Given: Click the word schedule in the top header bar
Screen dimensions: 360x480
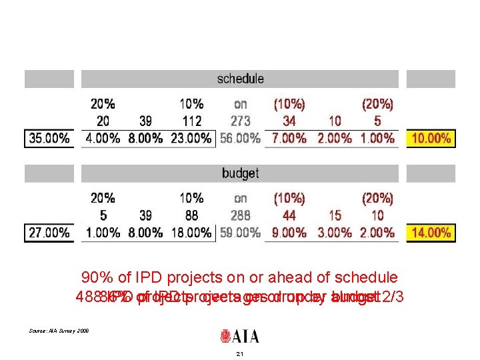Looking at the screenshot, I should pyautogui.click(x=240, y=79).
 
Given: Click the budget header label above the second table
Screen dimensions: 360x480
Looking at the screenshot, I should pyautogui.click(x=240, y=173).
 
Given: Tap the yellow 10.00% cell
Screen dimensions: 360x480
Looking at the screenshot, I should pyautogui.click(x=431, y=139).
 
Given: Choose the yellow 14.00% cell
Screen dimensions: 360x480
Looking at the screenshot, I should pyautogui.click(x=431, y=233).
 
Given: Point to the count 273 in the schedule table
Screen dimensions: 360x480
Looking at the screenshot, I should pyautogui.click(x=240, y=121).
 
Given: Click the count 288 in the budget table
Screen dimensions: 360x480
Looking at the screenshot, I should pyautogui.click(x=240, y=215).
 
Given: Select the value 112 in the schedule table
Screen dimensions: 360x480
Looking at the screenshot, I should pyautogui.click(x=191, y=121).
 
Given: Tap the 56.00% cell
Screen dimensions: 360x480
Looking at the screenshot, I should pyautogui.click(x=240, y=139).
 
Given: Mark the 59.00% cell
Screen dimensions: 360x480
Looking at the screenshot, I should pyautogui.click(x=240, y=233).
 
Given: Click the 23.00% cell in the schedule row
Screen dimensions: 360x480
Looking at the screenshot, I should pyautogui.click(x=191, y=139).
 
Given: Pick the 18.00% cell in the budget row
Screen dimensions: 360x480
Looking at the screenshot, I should pyautogui.click(x=191, y=233).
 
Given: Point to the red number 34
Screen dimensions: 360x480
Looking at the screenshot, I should pyautogui.click(x=289, y=121).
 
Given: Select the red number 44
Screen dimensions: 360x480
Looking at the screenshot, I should pyautogui.click(x=289, y=215).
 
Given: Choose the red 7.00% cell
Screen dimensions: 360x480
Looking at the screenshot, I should pyautogui.click(x=289, y=139).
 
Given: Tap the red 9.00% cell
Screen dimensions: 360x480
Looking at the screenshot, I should pyautogui.click(x=289, y=233).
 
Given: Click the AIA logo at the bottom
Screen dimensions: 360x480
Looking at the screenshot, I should pyautogui.click(x=240, y=335).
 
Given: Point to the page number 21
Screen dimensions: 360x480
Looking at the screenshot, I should pyautogui.click(x=240, y=354).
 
